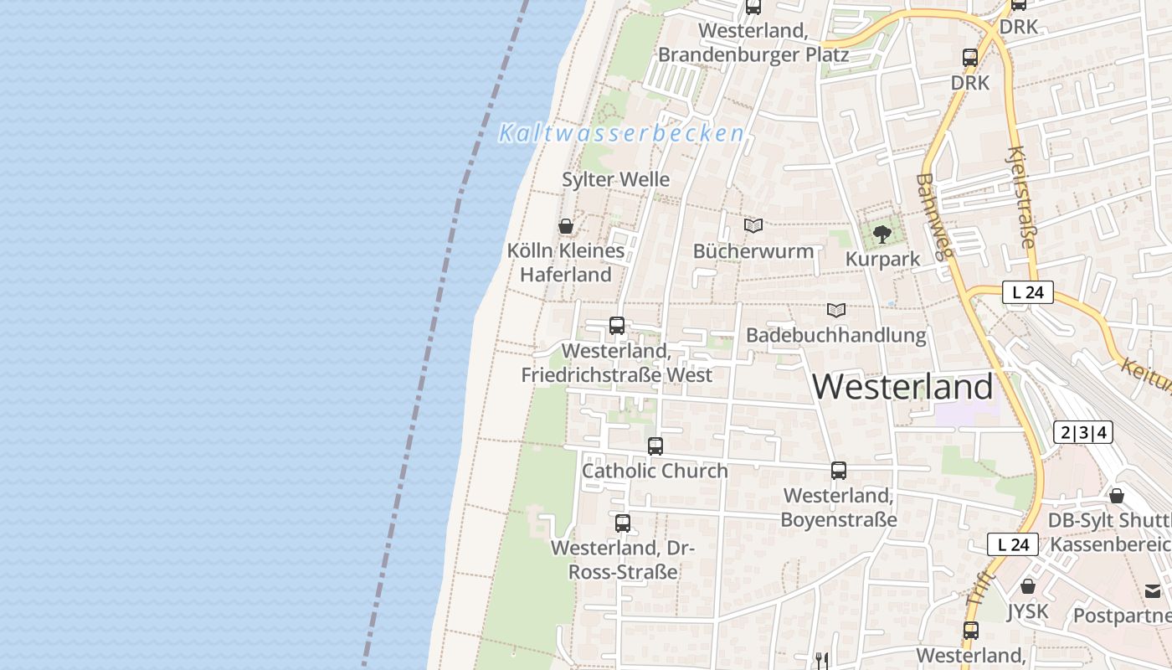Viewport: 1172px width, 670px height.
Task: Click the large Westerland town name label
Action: click(902, 387)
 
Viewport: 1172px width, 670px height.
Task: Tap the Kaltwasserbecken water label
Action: click(621, 133)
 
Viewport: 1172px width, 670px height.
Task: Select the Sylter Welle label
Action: click(615, 179)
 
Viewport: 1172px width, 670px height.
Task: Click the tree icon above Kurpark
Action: click(882, 234)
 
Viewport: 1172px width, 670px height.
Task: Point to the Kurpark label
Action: click(882, 259)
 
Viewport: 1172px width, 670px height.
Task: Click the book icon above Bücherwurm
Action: click(753, 226)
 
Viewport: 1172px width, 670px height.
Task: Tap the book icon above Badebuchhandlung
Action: click(836, 310)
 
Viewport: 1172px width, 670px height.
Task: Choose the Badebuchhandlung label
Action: click(836, 336)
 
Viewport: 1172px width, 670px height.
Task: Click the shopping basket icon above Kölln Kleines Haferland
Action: click(566, 226)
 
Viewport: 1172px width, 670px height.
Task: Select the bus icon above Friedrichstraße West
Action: click(617, 326)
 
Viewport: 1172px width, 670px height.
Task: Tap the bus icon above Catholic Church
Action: click(655, 446)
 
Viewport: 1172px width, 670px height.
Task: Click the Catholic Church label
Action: click(655, 471)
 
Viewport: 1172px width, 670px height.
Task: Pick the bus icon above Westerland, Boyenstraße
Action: click(839, 471)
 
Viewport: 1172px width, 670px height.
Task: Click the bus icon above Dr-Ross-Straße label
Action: click(623, 523)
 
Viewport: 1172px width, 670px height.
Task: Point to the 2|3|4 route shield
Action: click(1083, 432)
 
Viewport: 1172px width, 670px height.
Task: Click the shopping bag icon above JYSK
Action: click(1028, 586)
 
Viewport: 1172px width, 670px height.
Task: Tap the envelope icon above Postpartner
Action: click(1154, 591)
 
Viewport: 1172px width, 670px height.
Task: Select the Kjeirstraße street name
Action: click(1022, 198)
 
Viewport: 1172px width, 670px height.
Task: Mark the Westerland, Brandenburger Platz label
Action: click(753, 43)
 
